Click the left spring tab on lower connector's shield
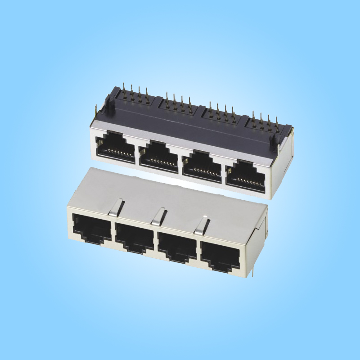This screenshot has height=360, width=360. [117, 207]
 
